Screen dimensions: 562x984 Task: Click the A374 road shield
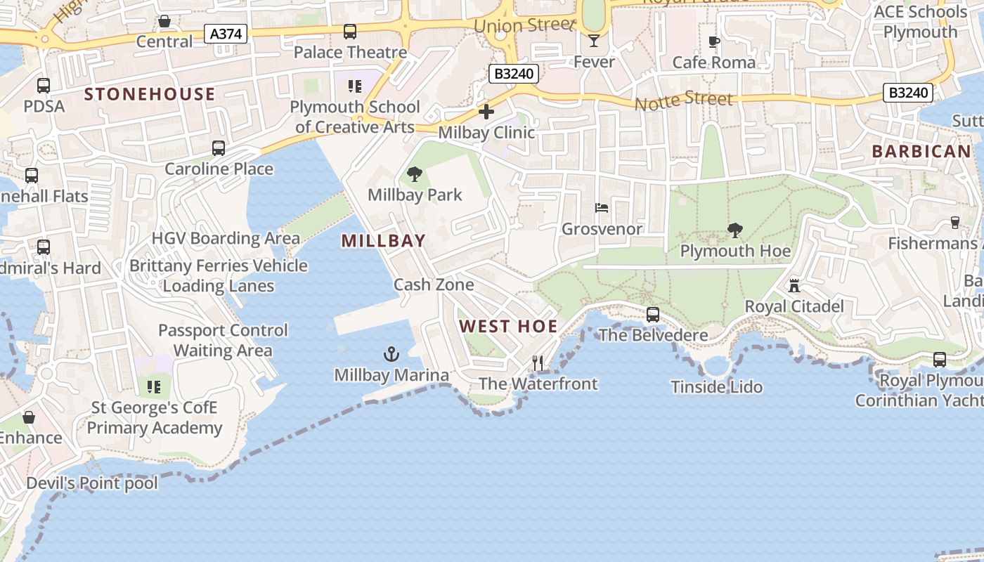[x=226, y=33]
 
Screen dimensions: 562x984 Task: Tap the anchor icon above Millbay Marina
[x=391, y=353]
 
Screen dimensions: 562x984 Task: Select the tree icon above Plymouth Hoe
[x=735, y=230]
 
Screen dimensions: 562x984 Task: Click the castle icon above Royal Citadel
[x=794, y=285]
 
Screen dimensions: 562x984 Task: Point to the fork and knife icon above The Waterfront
[x=538, y=362]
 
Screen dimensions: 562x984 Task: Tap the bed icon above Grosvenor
[x=602, y=207]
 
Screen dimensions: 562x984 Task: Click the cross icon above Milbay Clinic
[x=486, y=111]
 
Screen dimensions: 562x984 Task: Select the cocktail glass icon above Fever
[x=594, y=41]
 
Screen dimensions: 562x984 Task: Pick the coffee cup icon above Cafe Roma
[x=714, y=41]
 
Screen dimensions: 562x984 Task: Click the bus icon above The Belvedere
[x=653, y=314]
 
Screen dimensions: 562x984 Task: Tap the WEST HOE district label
[x=508, y=327]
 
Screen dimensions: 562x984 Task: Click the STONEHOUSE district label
[x=150, y=94]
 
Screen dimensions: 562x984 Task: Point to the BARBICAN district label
[x=921, y=151]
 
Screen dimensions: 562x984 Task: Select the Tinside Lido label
[x=716, y=386]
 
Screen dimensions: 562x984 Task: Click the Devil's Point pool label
[x=92, y=483]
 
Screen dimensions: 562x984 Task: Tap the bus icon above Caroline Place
[x=219, y=148]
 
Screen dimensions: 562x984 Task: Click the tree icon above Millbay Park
[x=415, y=174]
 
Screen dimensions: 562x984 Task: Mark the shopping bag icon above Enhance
[x=29, y=417]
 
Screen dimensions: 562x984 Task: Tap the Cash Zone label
[x=434, y=285]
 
